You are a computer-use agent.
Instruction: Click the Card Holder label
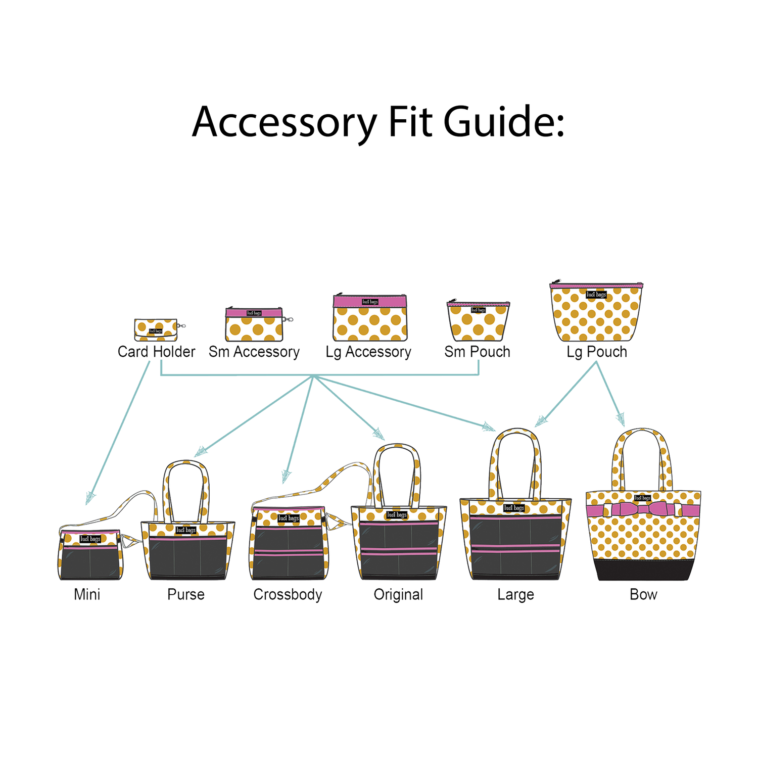tap(156, 351)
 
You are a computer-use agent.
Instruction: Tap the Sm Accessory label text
tap(254, 351)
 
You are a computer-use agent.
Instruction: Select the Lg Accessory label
tap(368, 352)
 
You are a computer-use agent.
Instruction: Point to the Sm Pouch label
tap(477, 351)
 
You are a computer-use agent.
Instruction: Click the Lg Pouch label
tap(597, 351)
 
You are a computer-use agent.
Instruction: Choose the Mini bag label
tap(87, 594)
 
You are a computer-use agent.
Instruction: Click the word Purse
tap(186, 594)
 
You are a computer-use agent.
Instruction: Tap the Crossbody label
tap(288, 595)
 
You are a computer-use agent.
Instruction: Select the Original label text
tap(398, 594)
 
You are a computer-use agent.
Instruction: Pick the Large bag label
tap(515, 594)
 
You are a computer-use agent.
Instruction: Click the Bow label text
tap(643, 594)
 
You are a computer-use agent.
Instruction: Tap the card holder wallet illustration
tap(156, 329)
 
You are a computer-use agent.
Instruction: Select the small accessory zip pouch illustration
tap(254, 323)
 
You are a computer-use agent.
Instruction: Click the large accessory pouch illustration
tap(369, 317)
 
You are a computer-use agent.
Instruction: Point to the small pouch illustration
tap(478, 321)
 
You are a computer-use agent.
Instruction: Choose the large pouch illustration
tap(596, 312)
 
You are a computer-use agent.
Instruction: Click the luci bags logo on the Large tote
tap(514, 508)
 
